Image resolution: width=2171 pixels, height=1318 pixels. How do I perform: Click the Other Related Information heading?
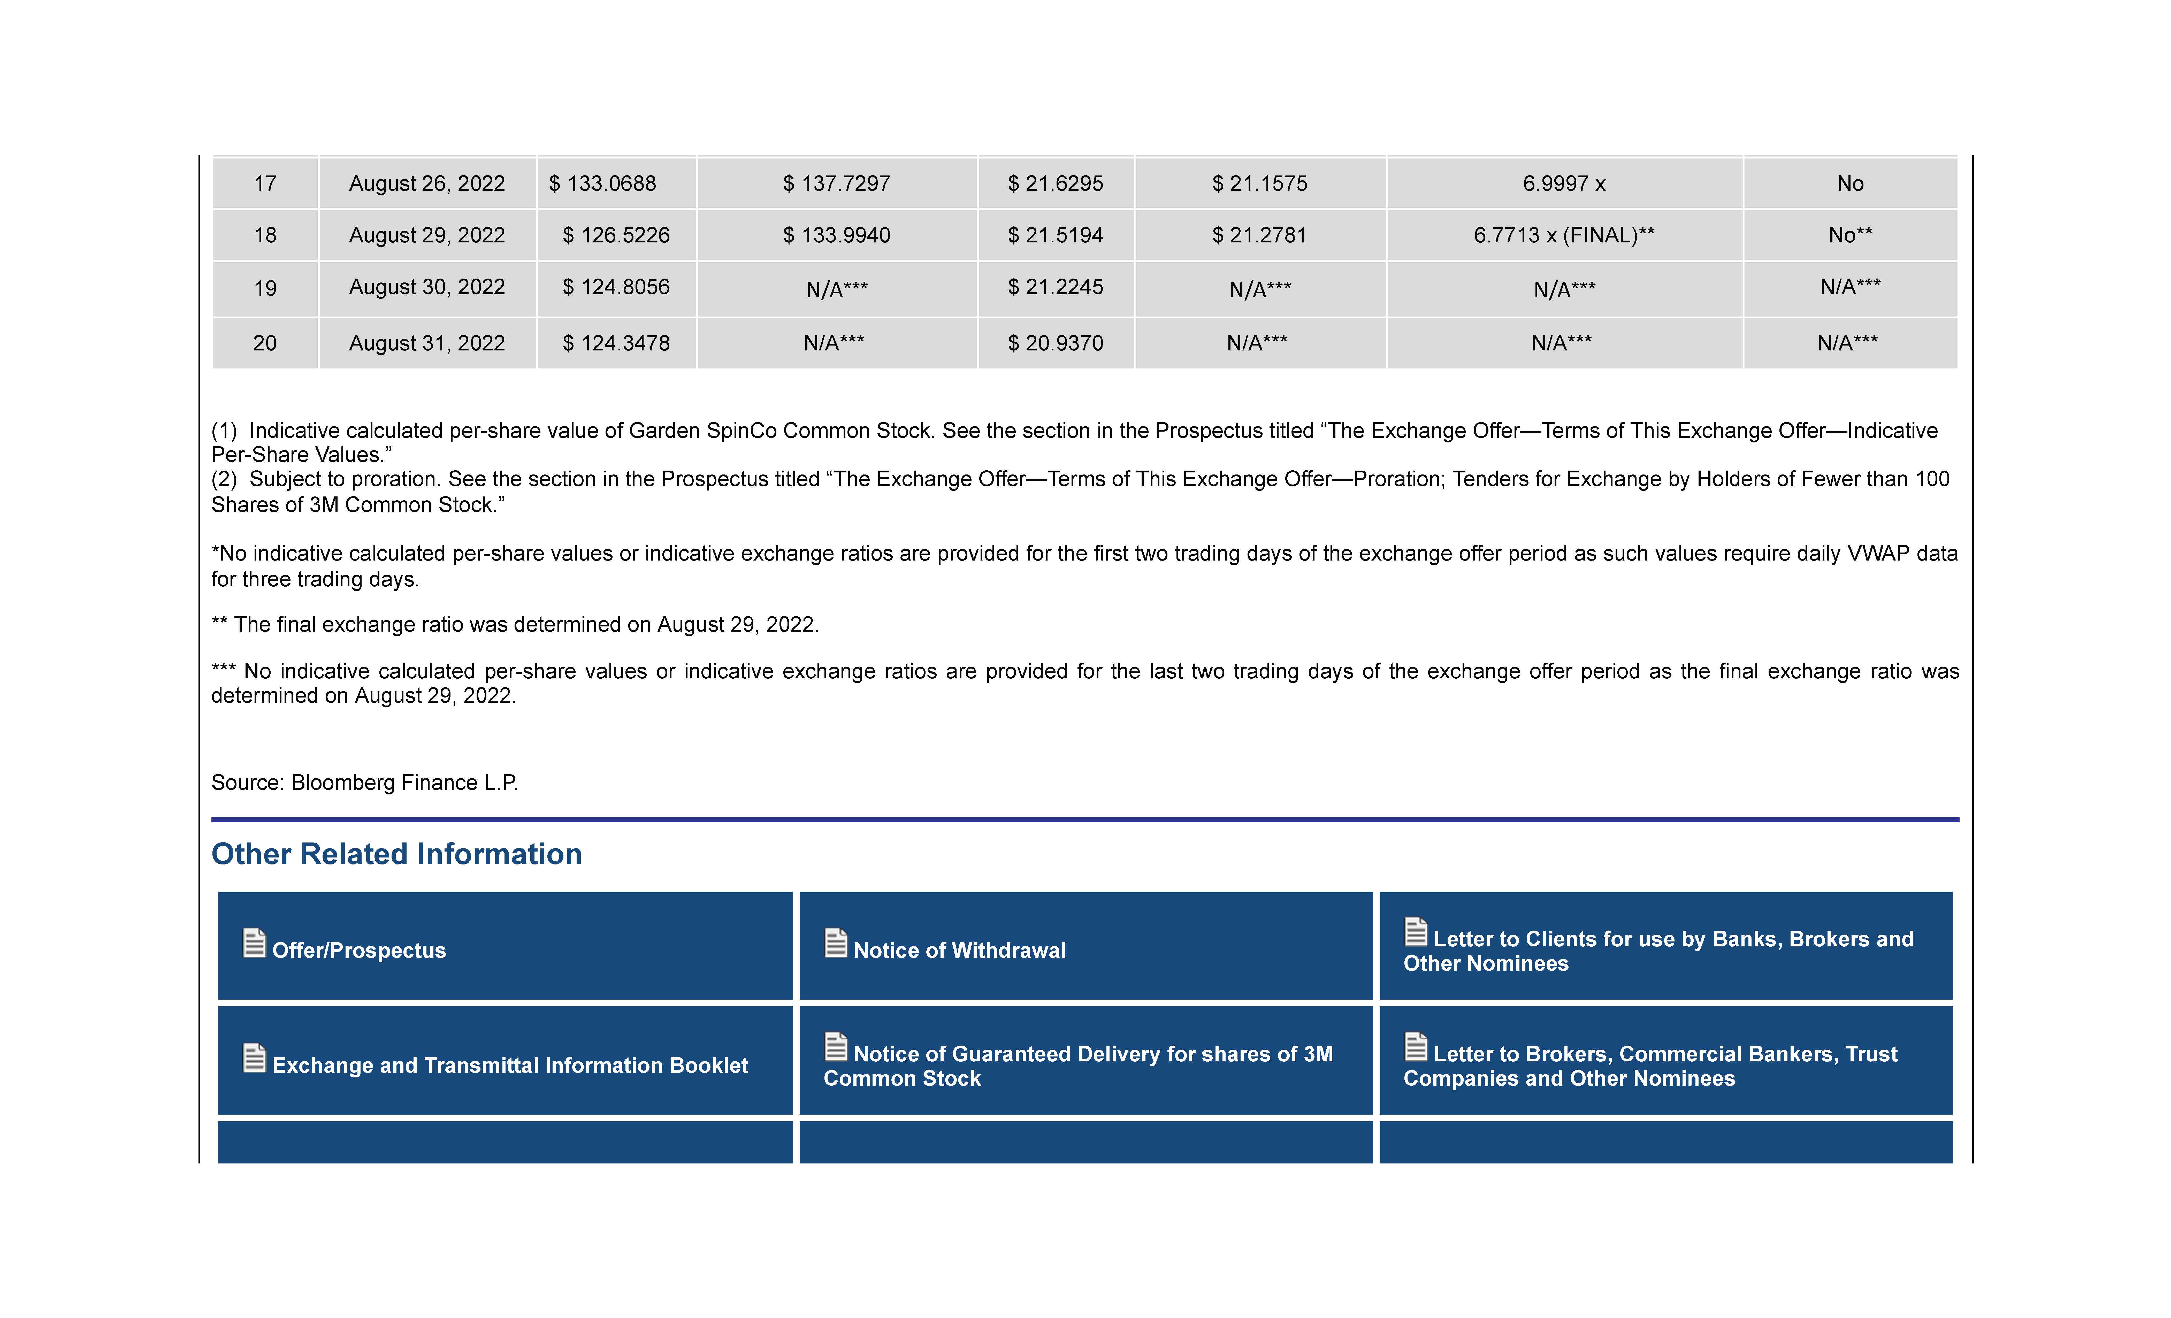[x=396, y=854]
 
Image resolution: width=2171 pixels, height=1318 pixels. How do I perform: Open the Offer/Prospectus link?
[x=359, y=950]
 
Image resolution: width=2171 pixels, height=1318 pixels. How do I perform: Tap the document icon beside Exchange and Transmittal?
[x=254, y=1057]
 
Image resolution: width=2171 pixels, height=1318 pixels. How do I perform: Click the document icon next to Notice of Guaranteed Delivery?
[x=835, y=1047]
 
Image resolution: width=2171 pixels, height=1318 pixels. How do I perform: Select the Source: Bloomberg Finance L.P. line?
[x=365, y=782]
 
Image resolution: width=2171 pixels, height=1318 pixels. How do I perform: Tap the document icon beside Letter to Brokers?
[x=1415, y=1047]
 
